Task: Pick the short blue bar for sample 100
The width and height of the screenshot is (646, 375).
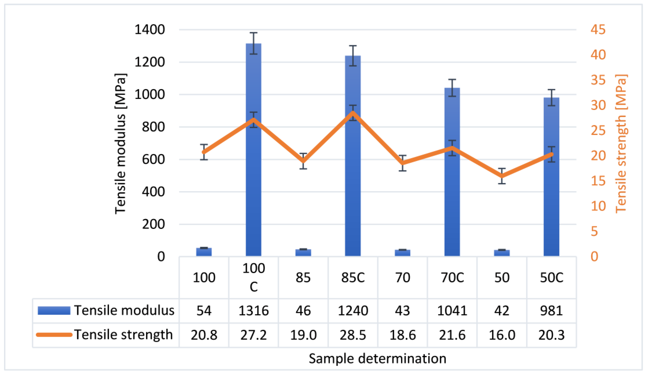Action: [204, 252]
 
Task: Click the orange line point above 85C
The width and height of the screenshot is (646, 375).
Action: [353, 113]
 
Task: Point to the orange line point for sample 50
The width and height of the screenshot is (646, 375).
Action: [502, 176]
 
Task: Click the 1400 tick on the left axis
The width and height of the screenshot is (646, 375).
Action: [149, 30]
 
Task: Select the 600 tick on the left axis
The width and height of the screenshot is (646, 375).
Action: [153, 159]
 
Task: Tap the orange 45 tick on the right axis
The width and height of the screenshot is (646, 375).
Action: [598, 30]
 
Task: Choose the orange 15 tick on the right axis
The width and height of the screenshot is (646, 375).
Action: [598, 181]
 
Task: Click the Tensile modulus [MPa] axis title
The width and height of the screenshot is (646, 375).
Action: [120, 144]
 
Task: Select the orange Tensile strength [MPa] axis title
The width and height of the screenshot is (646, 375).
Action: [621, 144]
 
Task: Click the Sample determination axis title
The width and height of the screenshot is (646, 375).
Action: [377, 358]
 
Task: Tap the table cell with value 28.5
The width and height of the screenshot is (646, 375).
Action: [353, 335]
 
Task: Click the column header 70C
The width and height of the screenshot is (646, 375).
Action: [452, 277]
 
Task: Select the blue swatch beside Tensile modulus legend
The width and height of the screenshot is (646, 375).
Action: [54, 310]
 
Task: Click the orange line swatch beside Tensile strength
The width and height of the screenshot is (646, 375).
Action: [54, 334]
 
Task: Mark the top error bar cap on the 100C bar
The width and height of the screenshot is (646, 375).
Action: [253, 33]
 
